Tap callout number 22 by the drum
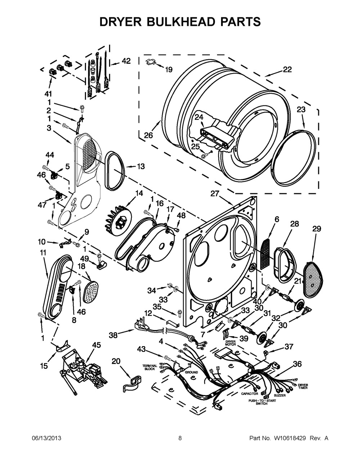pyautogui.click(x=287, y=69)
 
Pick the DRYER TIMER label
pyautogui.click(x=303, y=387)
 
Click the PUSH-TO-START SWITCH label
pyautogui.click(x=261, y=402)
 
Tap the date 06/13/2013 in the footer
pyautogui.click(x=46, y=438)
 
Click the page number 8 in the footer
pyautogui.click(x=180, y=438)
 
